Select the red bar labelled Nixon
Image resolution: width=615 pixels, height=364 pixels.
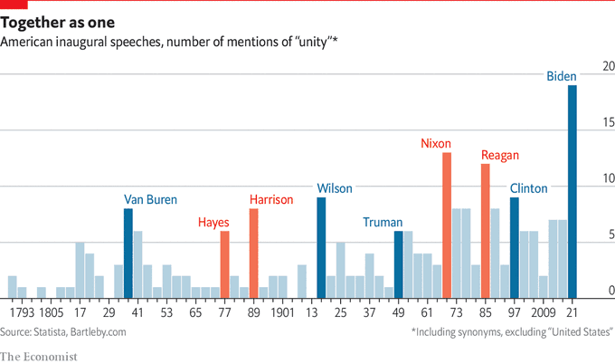pos(447,225)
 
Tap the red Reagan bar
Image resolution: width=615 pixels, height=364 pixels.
pos(486,231)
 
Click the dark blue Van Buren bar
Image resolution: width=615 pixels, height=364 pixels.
pos(128,254)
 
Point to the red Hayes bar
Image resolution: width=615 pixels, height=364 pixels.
pos(224,264)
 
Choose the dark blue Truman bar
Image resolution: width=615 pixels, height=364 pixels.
pos(398,264)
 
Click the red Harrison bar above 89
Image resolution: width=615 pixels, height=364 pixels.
pos(253,254)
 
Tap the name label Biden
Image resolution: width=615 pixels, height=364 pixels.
pos(562,77)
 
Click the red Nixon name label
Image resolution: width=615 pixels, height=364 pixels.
pos(436,143)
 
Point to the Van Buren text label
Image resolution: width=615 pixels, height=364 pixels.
pos(150,199)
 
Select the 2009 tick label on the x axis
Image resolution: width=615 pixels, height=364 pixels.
pos(544,312)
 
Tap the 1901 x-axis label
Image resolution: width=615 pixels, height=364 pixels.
pos(282,312)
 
